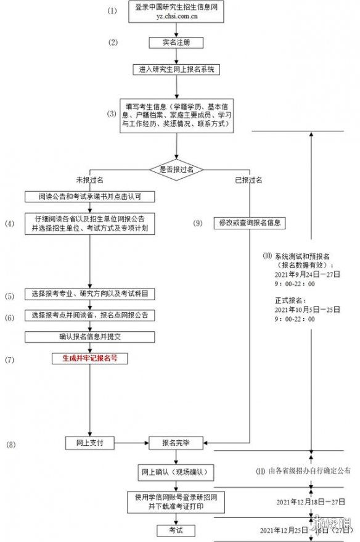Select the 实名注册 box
[x=176, y=43]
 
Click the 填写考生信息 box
[x=176, y=115]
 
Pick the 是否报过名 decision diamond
[x=176, y=168]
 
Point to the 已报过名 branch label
[x=250, y=181]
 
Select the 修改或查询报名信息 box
[x=250, y=223]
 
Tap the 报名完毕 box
[x=176, y=442]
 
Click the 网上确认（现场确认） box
[x=176, y=473]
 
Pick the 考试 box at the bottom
[x=176, y=530]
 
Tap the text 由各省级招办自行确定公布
[x=308, y=471]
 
